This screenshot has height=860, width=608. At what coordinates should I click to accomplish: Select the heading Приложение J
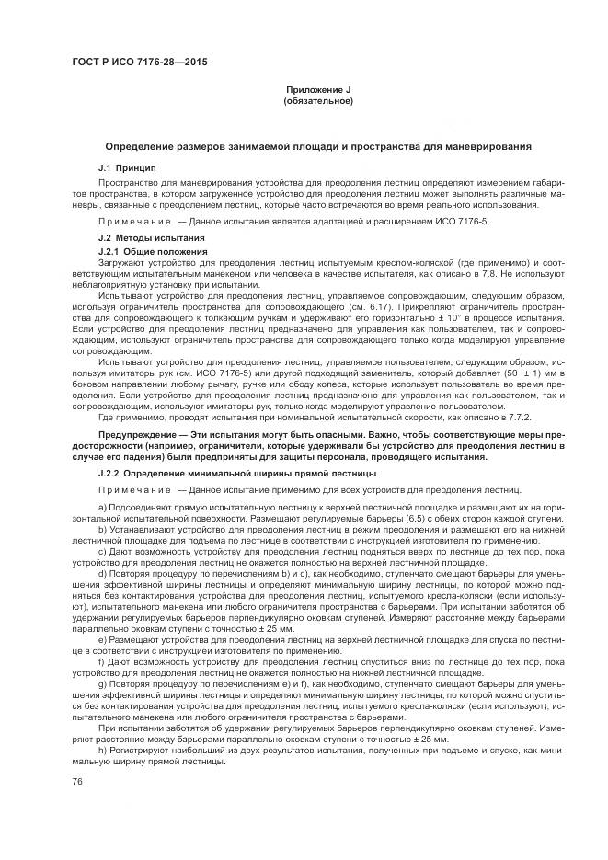pos(317,88)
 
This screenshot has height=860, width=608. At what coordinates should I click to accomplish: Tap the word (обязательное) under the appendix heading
pos(317,99)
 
